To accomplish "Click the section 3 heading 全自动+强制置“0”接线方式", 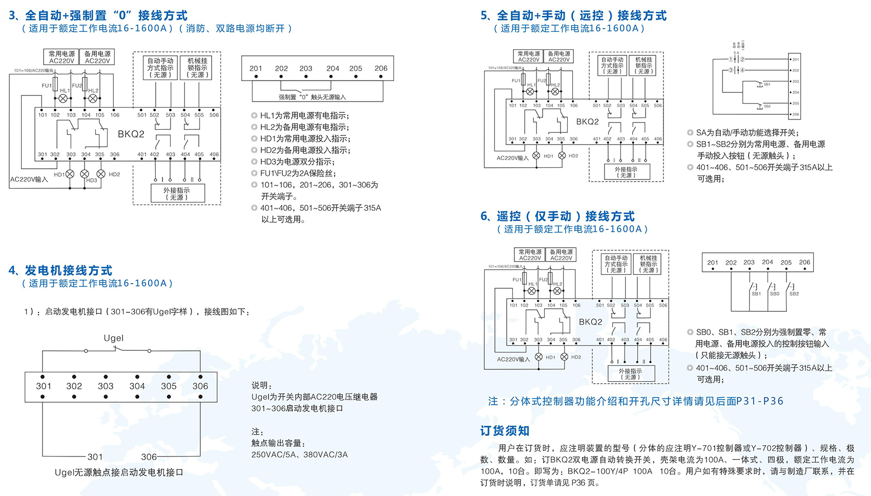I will click(98, 15).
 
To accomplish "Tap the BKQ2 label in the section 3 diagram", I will click(131, 134).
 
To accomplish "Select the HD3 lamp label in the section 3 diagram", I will click(91, 181).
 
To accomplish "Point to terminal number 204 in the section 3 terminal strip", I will click(333, 68).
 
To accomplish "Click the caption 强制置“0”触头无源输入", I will click(312, 97).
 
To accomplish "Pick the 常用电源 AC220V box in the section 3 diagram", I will click(61, 57).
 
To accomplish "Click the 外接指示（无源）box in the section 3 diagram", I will click(177, 193).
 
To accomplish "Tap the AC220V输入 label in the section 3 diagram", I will click(29, 180).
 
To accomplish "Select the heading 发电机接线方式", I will click(60, 270).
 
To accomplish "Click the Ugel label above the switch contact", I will click(113, 338).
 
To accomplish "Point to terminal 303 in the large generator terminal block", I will click(106, 386).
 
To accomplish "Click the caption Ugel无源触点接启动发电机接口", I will click(119, 472).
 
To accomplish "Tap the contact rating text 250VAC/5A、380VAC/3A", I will click(299, 454).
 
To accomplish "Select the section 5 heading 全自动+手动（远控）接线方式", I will click(574, 15).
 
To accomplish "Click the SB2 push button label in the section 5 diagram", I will click(767, 106).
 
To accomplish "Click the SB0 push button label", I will click(775, 294).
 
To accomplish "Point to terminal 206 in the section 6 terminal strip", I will click(804, 262).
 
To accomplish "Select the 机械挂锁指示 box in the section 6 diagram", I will click(648, 264).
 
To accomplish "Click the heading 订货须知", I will click(505, 431).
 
